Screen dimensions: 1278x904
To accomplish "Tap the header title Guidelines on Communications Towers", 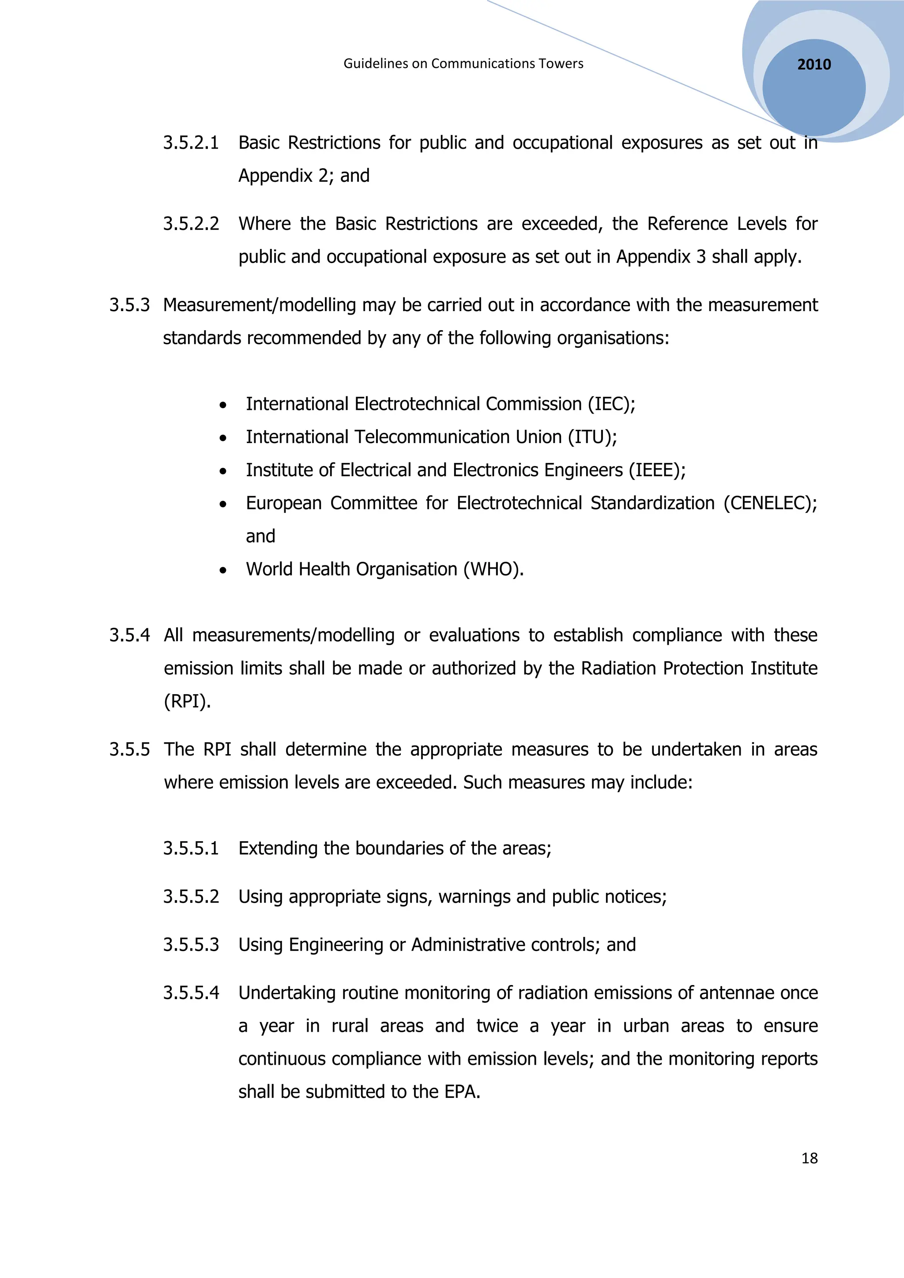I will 463,64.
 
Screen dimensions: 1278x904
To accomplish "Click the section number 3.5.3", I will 129,305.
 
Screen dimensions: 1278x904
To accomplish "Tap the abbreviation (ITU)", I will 592,437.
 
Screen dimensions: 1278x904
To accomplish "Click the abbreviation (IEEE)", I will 657,470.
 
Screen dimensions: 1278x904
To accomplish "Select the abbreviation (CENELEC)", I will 769,503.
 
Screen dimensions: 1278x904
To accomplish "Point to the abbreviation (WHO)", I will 493,569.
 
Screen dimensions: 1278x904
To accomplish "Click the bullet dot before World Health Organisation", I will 222,571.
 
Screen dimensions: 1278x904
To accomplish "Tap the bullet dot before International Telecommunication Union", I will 222,439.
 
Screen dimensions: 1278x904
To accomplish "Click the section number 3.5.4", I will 129,635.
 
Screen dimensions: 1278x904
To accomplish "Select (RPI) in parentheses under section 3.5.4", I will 187,701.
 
